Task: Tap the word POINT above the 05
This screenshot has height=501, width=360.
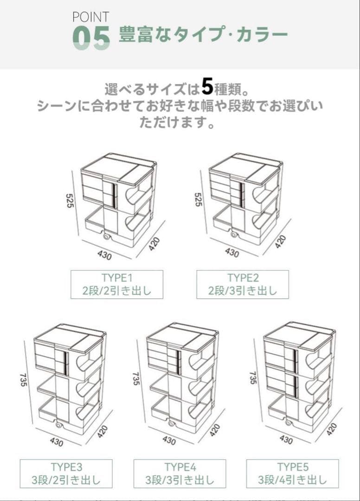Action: [x=90, y=17]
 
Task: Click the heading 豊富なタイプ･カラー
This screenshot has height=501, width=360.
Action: [x=203, y=35]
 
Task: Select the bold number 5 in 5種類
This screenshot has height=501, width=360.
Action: [x=207, y=87]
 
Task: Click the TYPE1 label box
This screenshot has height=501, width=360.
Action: [x=117, y=284]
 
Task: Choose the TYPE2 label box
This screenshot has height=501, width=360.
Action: [x=243, y=284]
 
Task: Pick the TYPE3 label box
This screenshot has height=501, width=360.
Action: [x=66, y=473]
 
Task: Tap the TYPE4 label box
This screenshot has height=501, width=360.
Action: [x=180, y=473]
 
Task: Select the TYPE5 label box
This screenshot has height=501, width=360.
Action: [x=293, y=473]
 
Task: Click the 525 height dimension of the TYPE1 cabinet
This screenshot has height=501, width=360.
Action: [x=70, y=200]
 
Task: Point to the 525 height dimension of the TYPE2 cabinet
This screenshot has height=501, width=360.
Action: [x=198, y=200]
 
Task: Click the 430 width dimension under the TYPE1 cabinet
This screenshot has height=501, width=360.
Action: [x=104, y=254]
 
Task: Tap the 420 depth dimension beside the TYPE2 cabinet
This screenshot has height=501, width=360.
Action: [x=280, y=242]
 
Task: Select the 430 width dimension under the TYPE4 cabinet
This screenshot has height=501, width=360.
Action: [x=169, y=440]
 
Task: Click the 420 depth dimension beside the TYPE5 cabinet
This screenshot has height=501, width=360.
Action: [x=331, y=429]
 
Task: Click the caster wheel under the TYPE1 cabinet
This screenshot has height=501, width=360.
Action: [x=108, y=237]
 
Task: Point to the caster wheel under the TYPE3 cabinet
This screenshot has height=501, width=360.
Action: [x=59, y=424]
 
